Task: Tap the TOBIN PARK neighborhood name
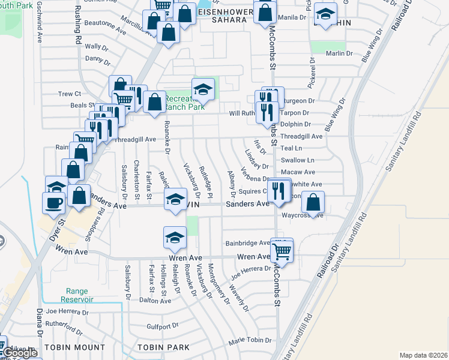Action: tap(163, 347)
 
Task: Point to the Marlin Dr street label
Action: tap(339, 53)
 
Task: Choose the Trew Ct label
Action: tap(70, 94)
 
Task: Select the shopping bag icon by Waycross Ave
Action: tap(313, 202)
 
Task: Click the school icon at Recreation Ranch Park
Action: tap(203, 90)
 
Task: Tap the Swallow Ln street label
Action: tap(302, 160)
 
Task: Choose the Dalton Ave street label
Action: tap(151, 299)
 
